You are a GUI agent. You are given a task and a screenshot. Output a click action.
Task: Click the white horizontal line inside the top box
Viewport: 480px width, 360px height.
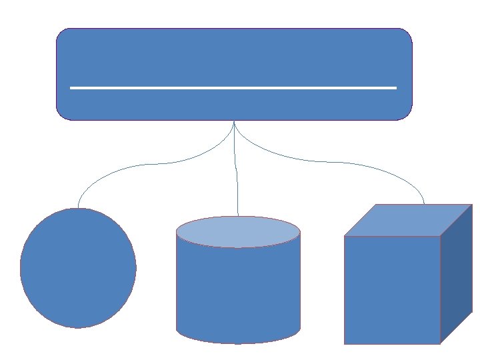tap(233, 87)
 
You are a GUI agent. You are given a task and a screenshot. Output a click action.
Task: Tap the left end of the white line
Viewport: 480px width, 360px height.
tap(71, 87)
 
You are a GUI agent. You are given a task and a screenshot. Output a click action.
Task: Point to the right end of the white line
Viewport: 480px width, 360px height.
tap(395, 87)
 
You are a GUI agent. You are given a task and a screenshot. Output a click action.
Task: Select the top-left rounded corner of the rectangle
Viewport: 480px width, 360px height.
tap(62, 34)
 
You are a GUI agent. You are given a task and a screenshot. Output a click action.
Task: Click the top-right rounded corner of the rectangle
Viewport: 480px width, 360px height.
tap(407, 34)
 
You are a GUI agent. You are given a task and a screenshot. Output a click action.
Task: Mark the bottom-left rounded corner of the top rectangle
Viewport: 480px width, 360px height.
tap(62, 115)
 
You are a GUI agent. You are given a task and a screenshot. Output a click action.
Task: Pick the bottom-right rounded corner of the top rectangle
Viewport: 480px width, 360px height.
tap(407, 115)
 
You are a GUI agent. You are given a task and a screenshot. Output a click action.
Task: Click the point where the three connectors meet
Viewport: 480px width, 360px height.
tap(234, 121)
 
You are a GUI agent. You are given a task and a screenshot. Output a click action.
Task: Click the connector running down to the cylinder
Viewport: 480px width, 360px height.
tap(237, 173)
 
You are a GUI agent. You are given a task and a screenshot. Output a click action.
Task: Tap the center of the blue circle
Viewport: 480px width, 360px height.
tap(78, 268)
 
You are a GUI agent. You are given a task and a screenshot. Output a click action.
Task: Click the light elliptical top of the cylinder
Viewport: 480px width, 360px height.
tap(238, 231)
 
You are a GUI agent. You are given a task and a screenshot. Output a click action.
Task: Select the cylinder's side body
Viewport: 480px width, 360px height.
tap(238, 287)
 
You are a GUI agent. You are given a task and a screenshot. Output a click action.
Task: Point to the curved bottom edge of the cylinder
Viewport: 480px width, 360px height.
tap(238, 343)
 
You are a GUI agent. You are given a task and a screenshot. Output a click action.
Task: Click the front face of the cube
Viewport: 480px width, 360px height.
tap(392, 289)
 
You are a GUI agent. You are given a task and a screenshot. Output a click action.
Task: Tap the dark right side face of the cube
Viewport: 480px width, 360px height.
tap(456, 273)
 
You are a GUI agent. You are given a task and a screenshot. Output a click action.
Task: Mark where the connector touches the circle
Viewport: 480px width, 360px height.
tap(78, 208)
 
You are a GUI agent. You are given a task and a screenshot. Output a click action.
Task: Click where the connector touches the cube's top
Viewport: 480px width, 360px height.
tap(424, 204)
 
